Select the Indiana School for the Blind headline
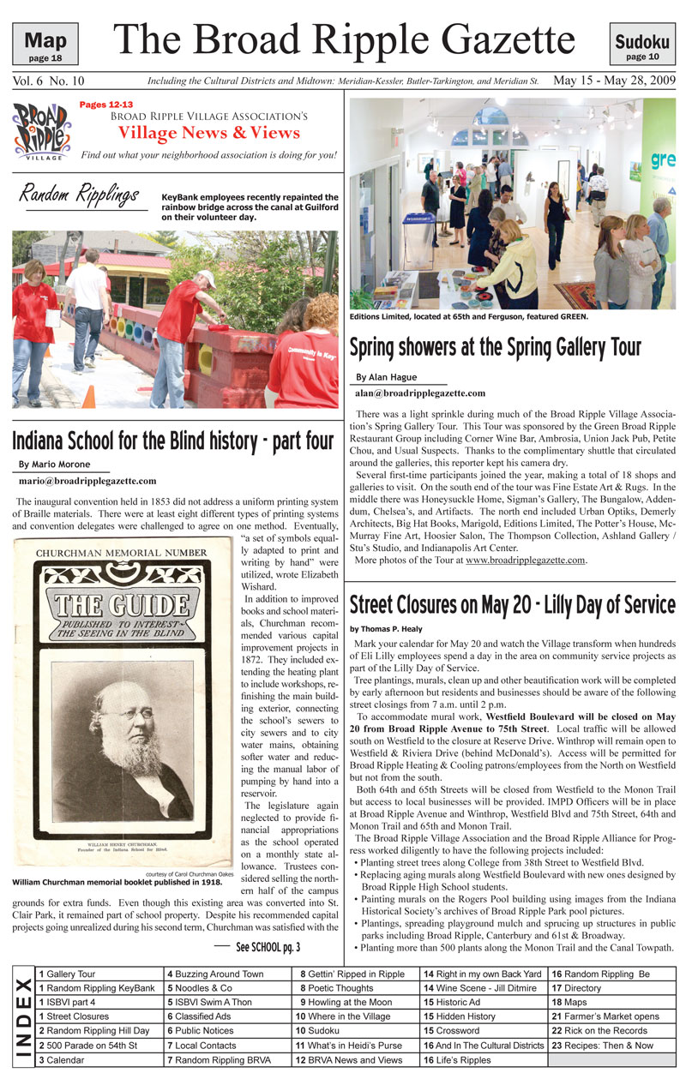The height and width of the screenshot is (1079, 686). pos(171,441)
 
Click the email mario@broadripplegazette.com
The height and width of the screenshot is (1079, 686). pos(87,481)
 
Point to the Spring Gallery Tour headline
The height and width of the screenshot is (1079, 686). pos(495,347)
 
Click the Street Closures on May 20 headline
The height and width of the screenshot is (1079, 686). pos(512,604)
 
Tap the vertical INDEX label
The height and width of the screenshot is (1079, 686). pos(23,1016)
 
